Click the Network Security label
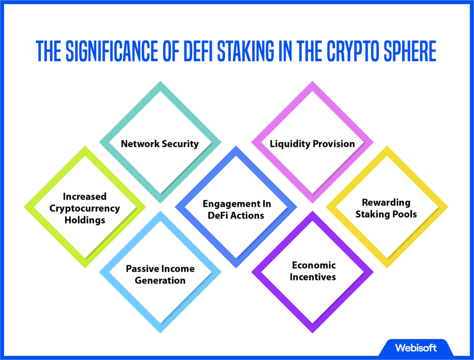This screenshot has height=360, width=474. click(160, 144)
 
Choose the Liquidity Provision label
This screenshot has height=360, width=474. click(312, 144)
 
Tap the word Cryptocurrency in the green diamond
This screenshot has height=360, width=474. click(85, 208)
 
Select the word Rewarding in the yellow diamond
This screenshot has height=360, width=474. click(386, 202)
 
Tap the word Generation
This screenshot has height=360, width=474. click(160, 280)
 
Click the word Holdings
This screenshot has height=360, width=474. click(85, 220)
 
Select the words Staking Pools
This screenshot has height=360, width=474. click(386, 214)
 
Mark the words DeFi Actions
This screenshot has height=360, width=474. click(237, 215)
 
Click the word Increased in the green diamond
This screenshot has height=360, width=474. click(85, 196)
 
